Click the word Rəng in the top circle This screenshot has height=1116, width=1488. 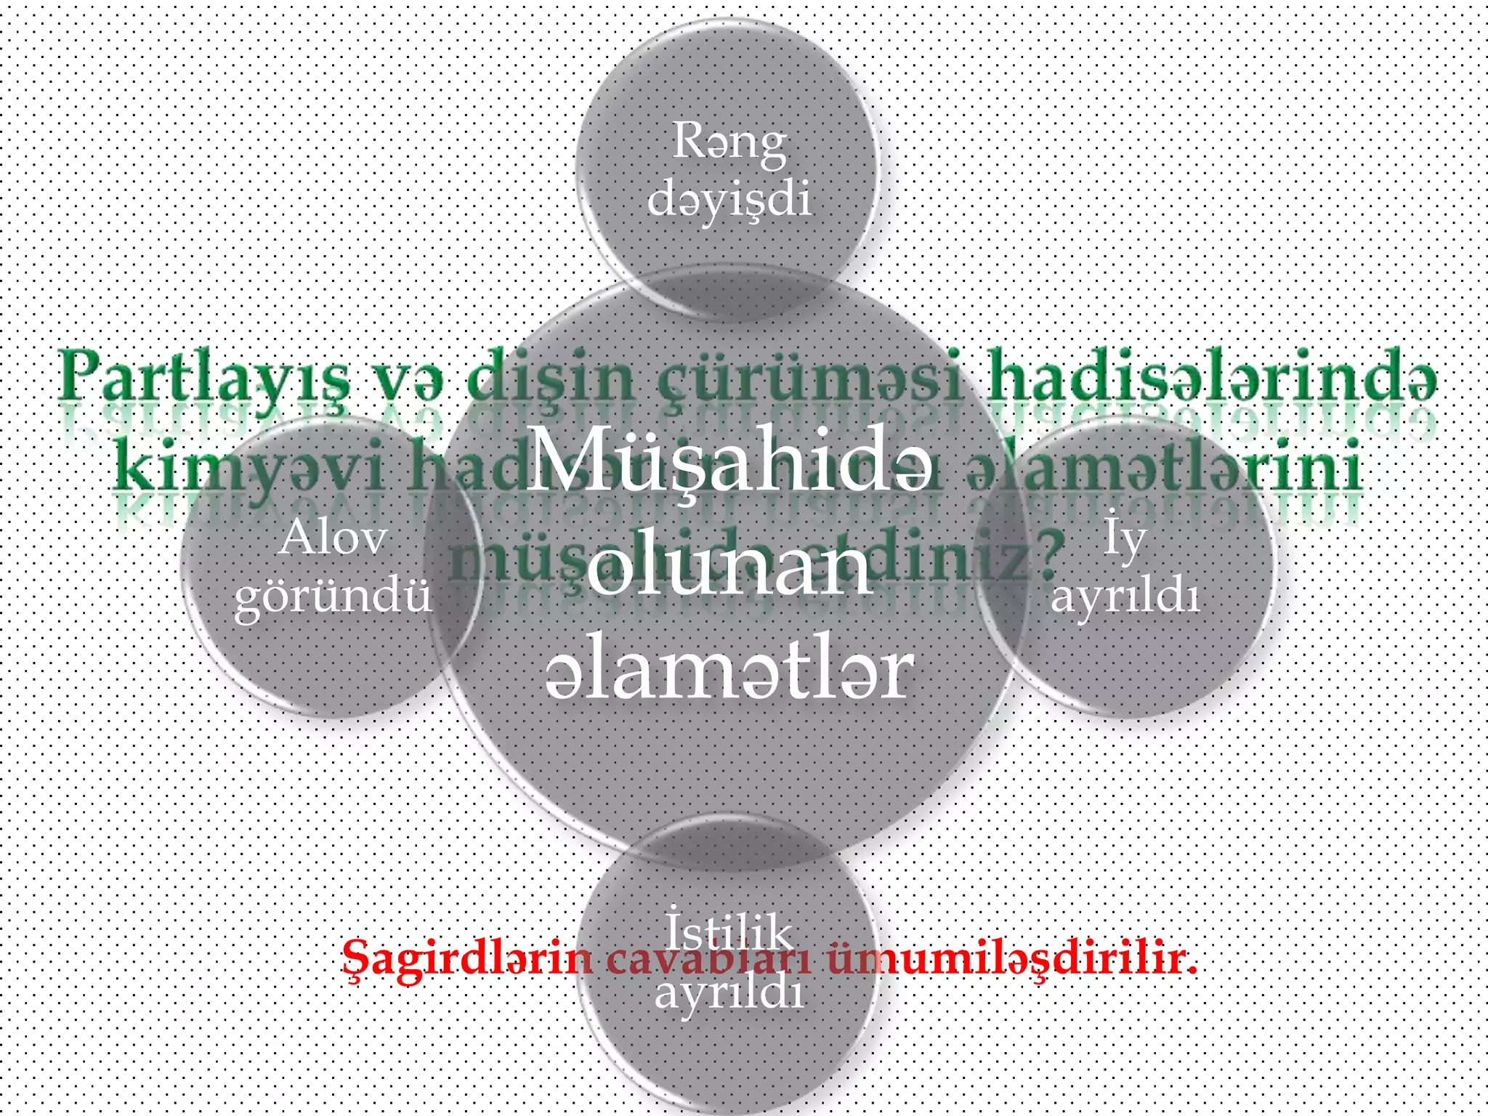coord(729,142)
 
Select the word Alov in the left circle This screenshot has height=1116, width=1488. coord(333,539)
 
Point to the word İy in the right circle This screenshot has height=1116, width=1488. coord(1125,539)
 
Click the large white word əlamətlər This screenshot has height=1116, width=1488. coord(729,673)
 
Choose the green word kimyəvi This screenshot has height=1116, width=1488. coord(251,465)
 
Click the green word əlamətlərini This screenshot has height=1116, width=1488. coord(1162,465)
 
